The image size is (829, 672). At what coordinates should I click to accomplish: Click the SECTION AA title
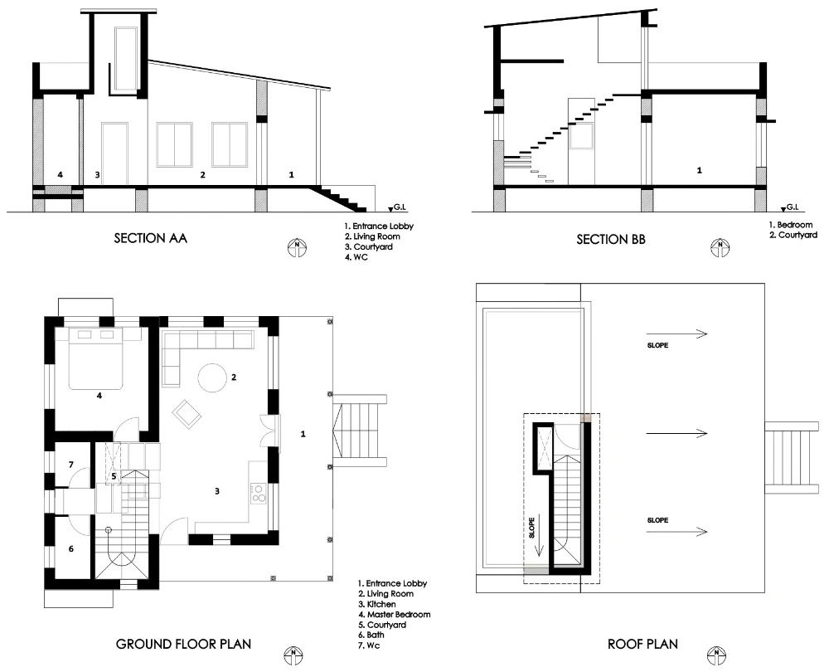[151, 238]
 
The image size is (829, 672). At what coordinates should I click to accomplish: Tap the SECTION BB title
[611, 240]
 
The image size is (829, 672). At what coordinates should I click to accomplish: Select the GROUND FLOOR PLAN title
[183, 644]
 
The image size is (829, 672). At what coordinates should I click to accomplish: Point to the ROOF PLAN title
[642, 644]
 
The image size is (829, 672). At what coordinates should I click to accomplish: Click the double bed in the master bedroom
[96, 358]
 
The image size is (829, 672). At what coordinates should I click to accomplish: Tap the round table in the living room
[213, 377]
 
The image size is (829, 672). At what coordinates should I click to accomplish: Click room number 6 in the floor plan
[71, 548]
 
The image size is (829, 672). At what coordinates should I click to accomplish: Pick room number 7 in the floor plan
[71, 465]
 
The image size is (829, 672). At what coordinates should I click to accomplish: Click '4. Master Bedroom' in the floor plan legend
[395, 614]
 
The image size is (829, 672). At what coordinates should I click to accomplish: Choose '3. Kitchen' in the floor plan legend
[377, 604]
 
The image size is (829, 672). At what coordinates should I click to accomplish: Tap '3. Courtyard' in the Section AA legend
[369, 246]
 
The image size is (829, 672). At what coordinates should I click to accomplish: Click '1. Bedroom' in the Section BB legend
[790, 225]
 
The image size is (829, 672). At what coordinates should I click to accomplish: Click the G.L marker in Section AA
[397, 208]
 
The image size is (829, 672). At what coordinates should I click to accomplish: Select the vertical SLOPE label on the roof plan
[532, 528]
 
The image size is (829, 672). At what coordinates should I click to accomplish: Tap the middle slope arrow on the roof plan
[676, 433]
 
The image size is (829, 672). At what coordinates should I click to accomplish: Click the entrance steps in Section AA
[338, 198]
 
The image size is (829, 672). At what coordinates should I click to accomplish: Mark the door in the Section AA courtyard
[114, 154]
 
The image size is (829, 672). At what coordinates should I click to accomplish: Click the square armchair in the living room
[187, 414]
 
